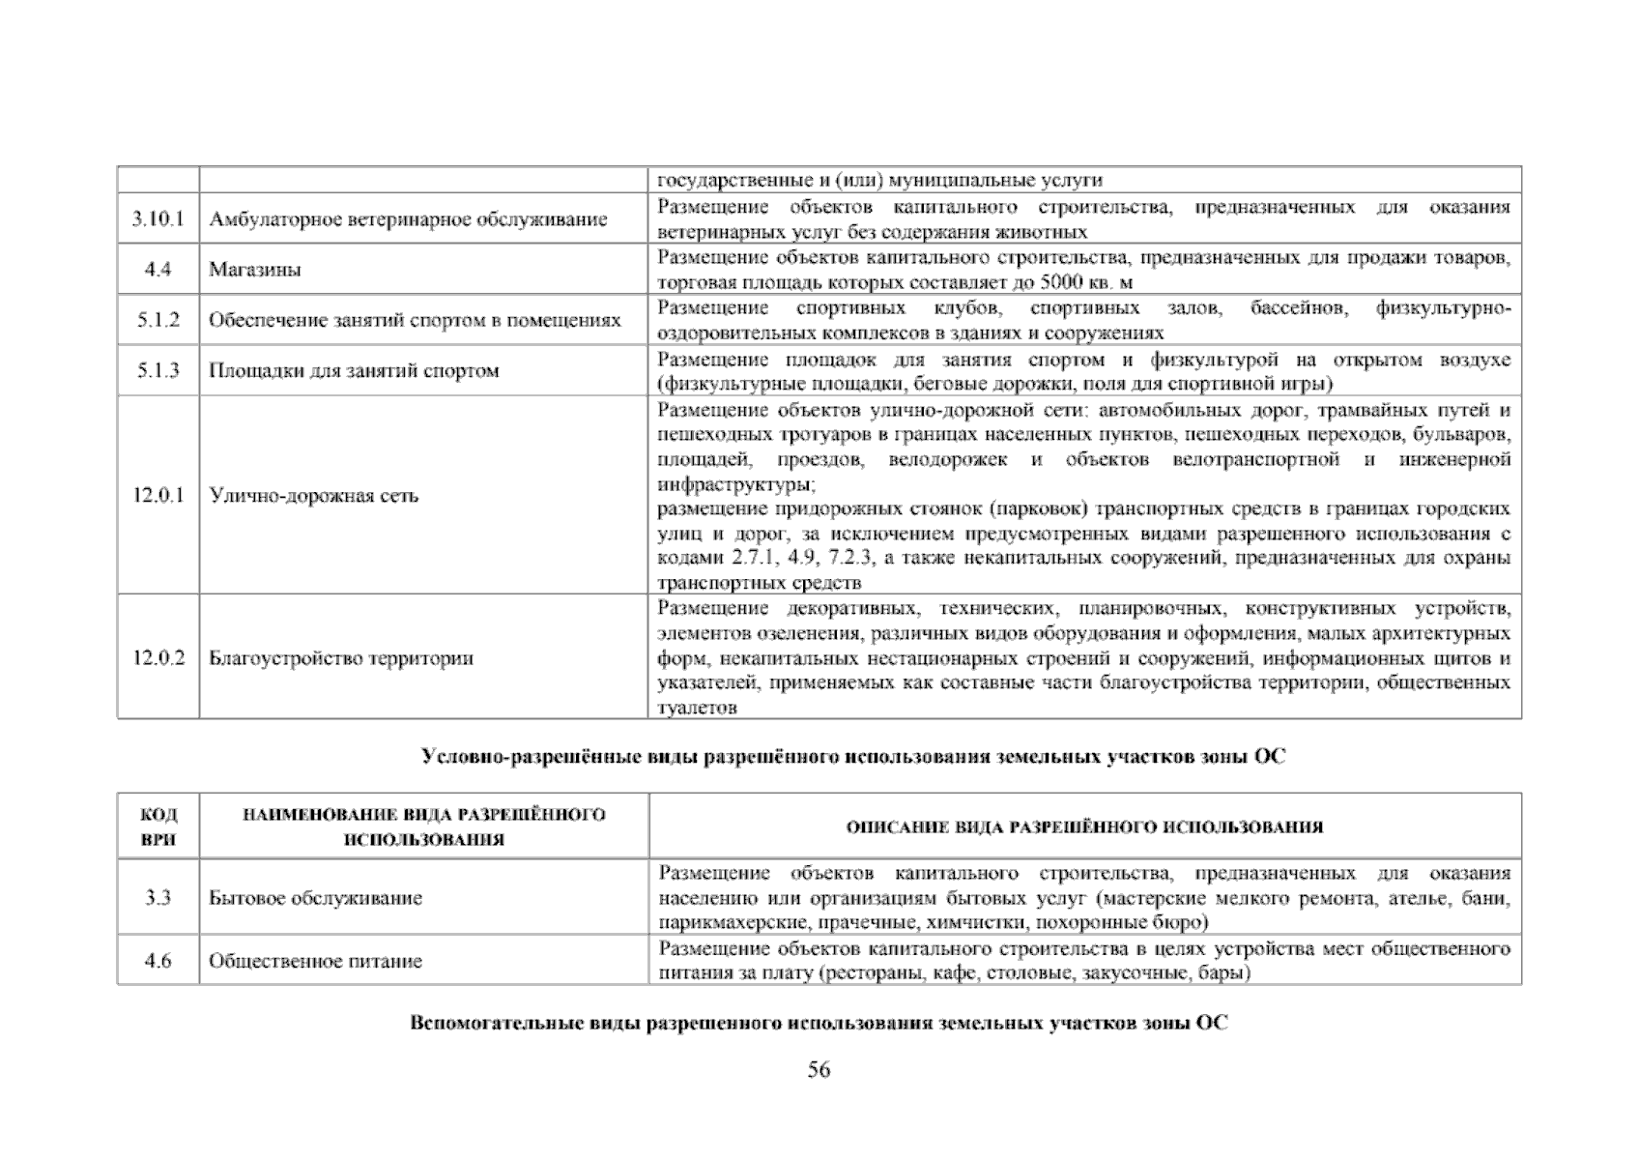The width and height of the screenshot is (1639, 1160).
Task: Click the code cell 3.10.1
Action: point(158,219)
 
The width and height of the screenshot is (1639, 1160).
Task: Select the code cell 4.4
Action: point(158,270)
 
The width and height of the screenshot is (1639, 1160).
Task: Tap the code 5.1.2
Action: point(158,320)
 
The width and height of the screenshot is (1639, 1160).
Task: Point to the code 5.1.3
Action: point(158,370)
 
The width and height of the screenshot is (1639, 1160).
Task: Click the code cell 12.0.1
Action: point(158,496)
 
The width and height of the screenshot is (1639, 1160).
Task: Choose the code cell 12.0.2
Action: point(158,658)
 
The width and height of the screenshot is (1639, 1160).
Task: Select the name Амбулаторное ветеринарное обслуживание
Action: point(408,219)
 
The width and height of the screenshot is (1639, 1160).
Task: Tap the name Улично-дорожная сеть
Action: point(314,496)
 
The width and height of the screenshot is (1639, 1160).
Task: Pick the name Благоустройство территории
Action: point(341,658)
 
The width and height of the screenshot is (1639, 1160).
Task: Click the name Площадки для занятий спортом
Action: point(354,370)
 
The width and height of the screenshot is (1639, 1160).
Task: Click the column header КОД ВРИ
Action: point(158,826)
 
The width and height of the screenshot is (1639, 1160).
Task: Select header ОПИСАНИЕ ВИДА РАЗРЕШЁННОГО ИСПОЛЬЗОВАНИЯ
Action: point(1084,827)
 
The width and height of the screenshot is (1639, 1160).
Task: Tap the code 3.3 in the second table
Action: point(158,898)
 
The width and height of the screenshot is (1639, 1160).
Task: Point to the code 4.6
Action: point(158,961)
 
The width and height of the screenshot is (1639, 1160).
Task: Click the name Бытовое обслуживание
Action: point(315,898)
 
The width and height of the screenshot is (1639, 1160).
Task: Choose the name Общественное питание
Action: point(315,961)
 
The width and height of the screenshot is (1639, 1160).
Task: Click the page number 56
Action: point(819,1069)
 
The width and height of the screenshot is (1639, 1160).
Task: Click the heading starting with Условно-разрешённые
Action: point(853,757)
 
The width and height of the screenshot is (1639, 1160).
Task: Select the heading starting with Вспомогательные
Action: point(819,1023)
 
